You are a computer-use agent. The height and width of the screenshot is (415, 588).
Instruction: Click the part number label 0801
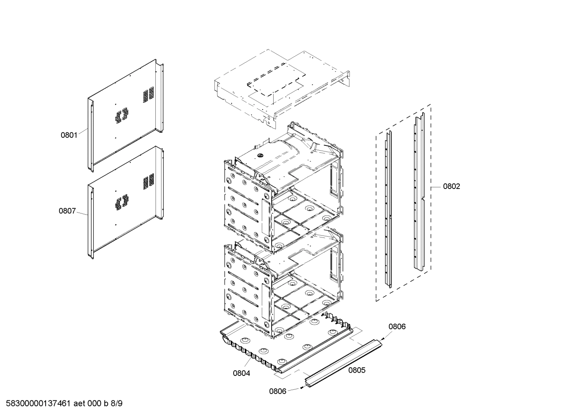(69, 135)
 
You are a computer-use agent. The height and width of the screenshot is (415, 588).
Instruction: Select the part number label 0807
(67, 211)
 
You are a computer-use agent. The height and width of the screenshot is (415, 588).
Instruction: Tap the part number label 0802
(451, 187)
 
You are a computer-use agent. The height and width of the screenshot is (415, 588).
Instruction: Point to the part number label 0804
(241, 373)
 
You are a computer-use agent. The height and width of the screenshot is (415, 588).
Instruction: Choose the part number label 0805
(357, 370)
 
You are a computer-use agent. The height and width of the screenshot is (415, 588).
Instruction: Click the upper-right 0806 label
(397, 326)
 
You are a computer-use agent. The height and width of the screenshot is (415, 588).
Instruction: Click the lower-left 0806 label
(277, 391)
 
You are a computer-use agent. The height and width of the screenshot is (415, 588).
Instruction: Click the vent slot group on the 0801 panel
(148, 94)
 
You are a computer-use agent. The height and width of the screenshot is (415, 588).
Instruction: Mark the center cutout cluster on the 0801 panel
(122, 116)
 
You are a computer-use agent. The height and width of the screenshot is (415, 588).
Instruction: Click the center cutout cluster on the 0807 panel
(122, 202)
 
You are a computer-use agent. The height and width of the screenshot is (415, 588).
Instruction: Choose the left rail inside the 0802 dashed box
(388, 210)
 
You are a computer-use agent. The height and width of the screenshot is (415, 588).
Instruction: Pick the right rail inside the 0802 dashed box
(419, 191)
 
